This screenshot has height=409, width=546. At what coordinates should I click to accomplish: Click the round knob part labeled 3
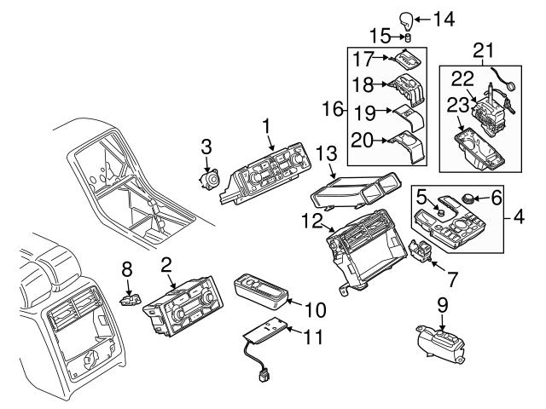pos(207,182)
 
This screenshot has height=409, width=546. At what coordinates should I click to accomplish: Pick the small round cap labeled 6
pos(468,199)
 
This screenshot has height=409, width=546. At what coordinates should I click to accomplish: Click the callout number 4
pos(519,217)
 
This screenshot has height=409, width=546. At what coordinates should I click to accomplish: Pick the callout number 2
pos(167,266)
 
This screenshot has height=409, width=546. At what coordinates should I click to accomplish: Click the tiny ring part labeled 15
pos(408,37)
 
